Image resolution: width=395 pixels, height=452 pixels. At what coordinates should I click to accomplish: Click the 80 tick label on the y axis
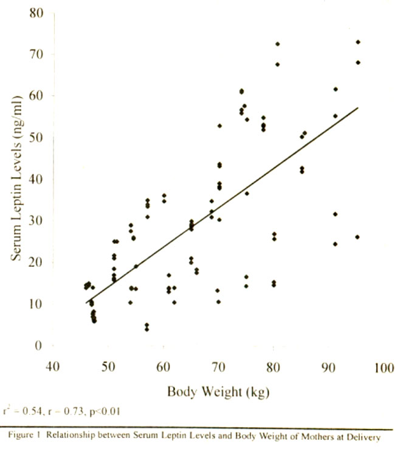[37, 13]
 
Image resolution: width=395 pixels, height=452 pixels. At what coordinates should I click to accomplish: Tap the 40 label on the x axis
[53, 368]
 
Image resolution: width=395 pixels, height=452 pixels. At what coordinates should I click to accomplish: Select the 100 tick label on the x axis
[384, 368]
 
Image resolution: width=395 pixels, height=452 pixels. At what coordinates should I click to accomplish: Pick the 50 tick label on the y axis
[37, 138]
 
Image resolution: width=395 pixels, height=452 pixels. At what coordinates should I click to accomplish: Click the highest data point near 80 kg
[278, 44]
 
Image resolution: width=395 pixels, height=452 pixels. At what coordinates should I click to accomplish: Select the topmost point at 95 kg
[358, 42]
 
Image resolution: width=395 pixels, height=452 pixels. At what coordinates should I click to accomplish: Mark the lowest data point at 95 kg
[357, 237]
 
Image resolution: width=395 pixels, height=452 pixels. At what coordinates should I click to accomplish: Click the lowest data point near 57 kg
[146, 329]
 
